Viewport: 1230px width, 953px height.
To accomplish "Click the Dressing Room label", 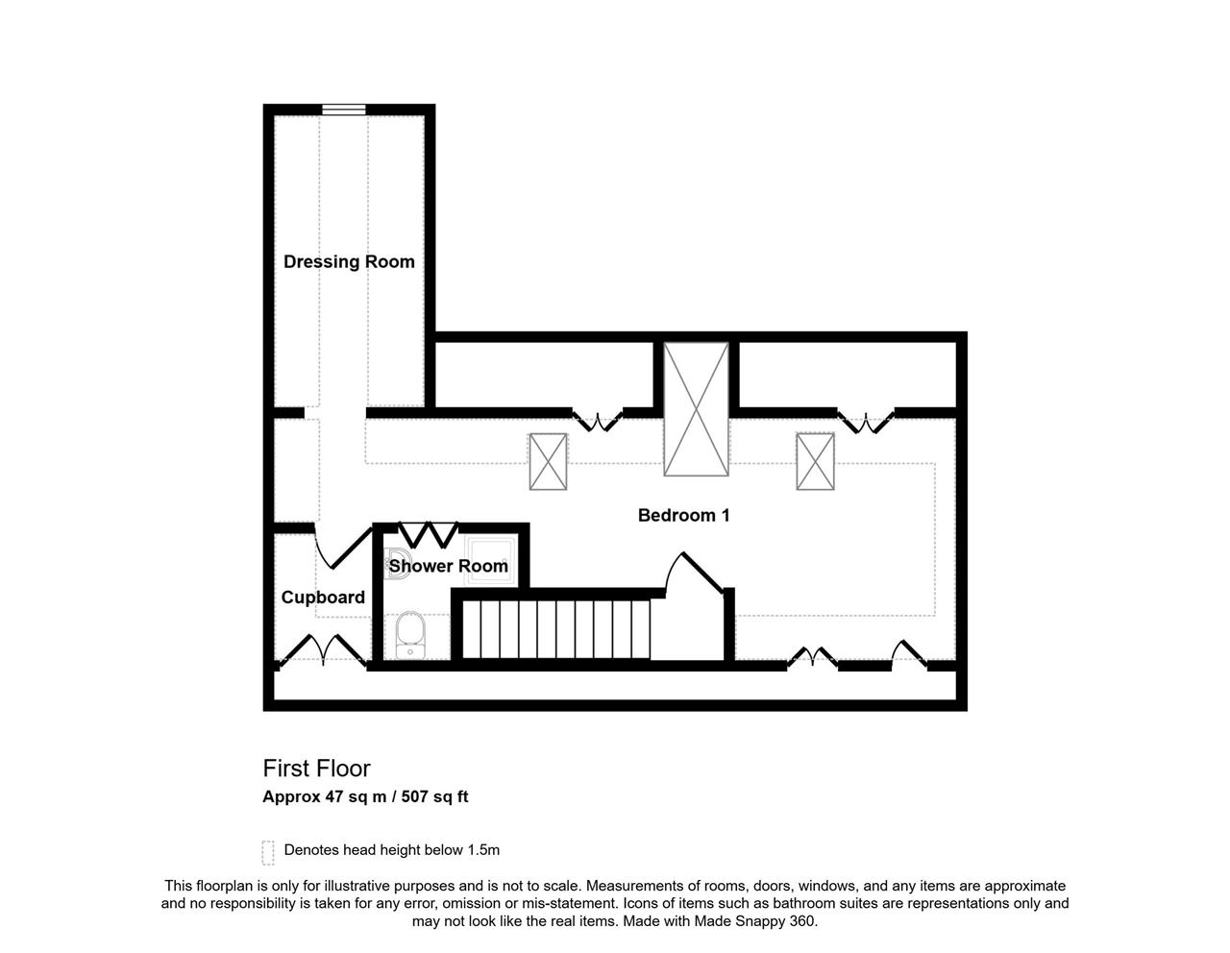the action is [x=349, y=262].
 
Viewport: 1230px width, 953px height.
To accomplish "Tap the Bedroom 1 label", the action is [x=683, y=515].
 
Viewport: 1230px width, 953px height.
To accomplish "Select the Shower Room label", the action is [x=449, y=566].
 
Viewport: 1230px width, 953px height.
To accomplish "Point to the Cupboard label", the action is [x=323, y=597].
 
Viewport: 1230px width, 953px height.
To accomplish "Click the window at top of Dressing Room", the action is [x=344, y=110].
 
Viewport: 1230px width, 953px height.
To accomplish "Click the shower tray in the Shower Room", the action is [x=490, y=561].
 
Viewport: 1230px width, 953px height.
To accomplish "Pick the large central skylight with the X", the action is [x=696, y=409].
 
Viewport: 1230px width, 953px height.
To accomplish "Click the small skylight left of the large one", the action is [x=548, y=461].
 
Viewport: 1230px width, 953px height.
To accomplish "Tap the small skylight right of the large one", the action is [x=815, y=461].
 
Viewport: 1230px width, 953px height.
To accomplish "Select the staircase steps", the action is [x=555, y=629].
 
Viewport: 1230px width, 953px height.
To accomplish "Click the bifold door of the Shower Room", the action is [x=429, y=535].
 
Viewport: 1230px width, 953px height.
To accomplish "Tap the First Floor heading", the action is [x=316, y=769].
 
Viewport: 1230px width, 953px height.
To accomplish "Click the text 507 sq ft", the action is [x=434, y=796].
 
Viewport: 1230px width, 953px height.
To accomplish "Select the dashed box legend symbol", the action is [x=268, y=853].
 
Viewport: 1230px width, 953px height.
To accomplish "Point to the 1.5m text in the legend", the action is [x=483, y=850].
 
